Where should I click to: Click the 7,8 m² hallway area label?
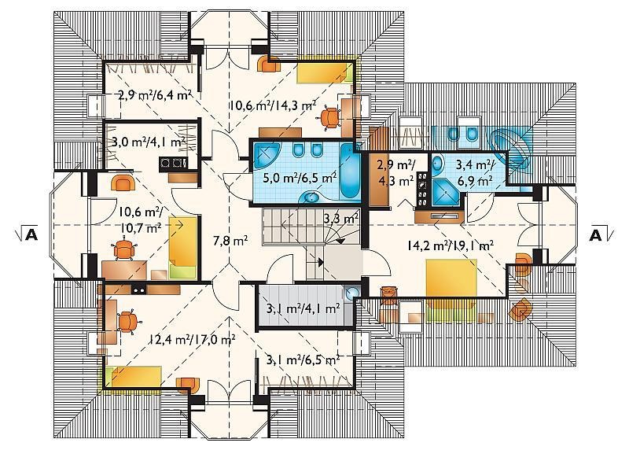(x=230, y=241)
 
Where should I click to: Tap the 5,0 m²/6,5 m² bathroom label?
(x=300, y=177)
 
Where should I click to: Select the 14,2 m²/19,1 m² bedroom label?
(x=450, y=245)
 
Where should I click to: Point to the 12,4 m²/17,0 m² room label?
(x=192, y=340)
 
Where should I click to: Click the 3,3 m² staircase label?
(x=341, y=219)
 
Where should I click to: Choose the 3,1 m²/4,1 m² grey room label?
(x=303, y=308)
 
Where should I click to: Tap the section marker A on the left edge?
(x=31, y=234)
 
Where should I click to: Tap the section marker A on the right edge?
(x=596, y=235)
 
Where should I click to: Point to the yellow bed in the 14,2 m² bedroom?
(x=451, y=278)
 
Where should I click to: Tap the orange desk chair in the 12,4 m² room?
(x=128, y=322)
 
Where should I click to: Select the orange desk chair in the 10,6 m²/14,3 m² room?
(x=331, y=118)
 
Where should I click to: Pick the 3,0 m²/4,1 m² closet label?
(x=149, y=142)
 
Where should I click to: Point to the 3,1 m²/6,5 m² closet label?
(x=303, y=360)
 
